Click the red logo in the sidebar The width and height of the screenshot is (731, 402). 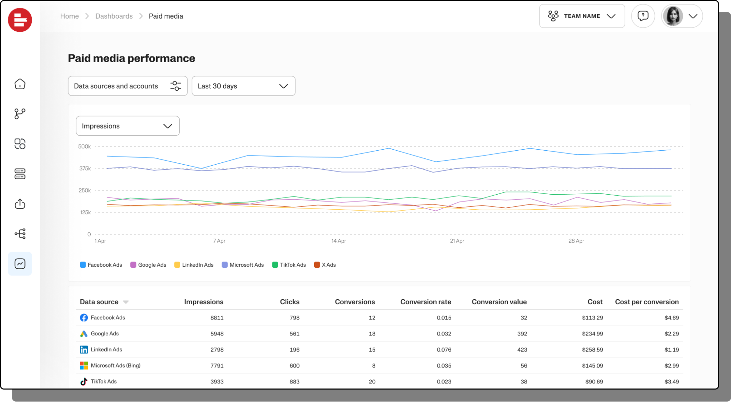pyautogui.click(x=20, y=20)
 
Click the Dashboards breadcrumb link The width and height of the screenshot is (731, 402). pyautogui.click(x=114, y=16)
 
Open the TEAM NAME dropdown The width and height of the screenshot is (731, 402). pyautogui.click(x=581, y=16)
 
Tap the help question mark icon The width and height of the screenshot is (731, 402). pyautogui.click(x=643, y=16)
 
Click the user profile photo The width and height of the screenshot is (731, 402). pyautogui.click(x=672, y=16)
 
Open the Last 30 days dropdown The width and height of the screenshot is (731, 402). pyautogui.click(x=243, y=86)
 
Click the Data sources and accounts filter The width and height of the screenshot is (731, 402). pyautogui.click(x=127, y=86)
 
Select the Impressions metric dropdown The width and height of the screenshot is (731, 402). pyautogui.click(x=127, y=126)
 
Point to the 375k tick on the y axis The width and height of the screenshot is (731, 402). pyautogui.click(x=85, y=169)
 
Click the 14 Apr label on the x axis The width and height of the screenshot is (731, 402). pyautogui.click(x=339, y=241)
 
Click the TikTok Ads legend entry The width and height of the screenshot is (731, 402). pyautogui.click(x=289, y=265)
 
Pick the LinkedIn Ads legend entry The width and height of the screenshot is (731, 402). pyautogui.click(x=194, y=265)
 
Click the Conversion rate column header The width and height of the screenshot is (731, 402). pyautogui.click(x=425, y=302)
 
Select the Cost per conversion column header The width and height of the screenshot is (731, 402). pyautogui.click(x=647, y=302)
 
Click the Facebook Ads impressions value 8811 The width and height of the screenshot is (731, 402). pyautogui.click(x=217, y=318)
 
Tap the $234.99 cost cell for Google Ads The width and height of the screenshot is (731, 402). pyautogui.click(x=592, y=334)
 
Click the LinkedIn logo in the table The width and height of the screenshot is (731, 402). pyautogui.click(x=84, y=350)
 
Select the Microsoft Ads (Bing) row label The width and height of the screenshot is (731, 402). pyautogui.click(x=115, y=365)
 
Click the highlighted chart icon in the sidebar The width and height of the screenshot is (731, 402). pyautogui.click(x=20, y=264)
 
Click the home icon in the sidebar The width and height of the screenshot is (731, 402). pyautogui.click(x=20, y=84)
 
